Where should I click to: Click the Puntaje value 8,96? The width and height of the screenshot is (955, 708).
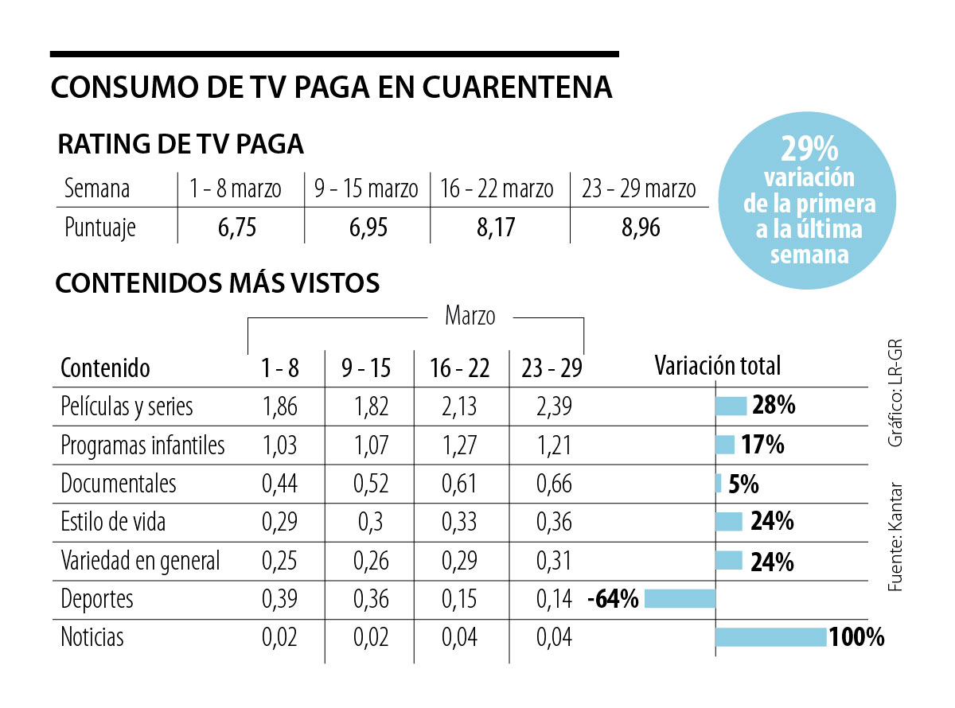(641, 228)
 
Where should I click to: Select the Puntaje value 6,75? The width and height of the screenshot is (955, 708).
(237, 228)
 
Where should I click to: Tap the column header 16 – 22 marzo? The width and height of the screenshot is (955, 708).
(497, 189)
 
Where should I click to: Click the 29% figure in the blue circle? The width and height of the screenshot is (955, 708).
(809, 150)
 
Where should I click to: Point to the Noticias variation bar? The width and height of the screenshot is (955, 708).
(770, 637)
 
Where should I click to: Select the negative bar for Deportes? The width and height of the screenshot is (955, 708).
(680, 599)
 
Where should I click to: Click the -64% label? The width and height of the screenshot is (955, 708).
(613, 599)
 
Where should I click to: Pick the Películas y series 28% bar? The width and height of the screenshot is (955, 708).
(731, 406)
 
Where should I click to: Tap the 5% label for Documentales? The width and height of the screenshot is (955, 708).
(743, 484)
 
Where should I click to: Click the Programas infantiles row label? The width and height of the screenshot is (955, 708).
(142, 445)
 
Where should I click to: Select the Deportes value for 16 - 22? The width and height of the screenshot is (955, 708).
(459, 599)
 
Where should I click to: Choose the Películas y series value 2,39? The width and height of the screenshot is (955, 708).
(554, 406)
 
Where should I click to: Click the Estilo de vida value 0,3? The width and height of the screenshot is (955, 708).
(370, 522)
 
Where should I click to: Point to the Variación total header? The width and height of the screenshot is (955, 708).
(717, 366)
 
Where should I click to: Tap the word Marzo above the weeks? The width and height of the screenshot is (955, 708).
(470, 316)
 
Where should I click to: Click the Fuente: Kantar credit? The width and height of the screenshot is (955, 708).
(895, 537)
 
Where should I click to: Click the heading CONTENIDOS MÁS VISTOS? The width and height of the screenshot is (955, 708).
(217, 283)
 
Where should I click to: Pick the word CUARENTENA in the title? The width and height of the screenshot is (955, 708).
(516, 88)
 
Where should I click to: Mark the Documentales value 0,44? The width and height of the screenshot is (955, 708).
(279, 484)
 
